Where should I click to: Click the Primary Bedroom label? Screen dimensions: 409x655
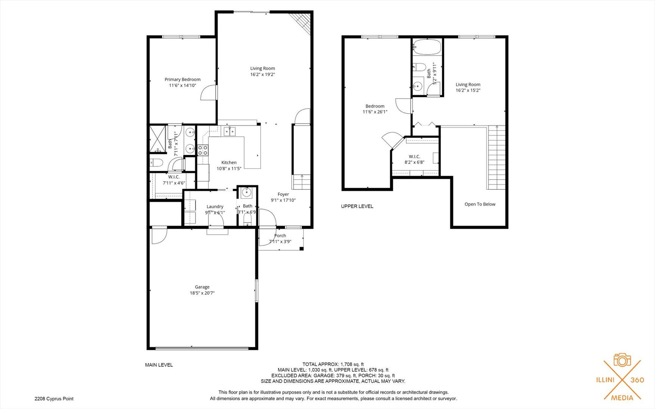point(182,80)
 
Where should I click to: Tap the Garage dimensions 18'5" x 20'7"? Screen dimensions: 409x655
point(202,293)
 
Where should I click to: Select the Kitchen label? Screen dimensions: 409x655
point(229,162)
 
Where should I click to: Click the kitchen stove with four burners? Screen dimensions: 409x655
point(203,150)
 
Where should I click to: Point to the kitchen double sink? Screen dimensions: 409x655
point(229,131)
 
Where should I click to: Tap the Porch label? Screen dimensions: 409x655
point(280,236)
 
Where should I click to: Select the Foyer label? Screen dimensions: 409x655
point(283,194)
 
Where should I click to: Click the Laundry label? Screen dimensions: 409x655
point(215,206)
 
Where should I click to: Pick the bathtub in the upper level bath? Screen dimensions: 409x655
point(427,47)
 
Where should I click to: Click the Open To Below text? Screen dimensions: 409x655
point(480,204)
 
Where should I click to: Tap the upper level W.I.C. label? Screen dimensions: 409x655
point(414,156)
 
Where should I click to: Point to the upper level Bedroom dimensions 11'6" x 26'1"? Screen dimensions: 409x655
point(375,112)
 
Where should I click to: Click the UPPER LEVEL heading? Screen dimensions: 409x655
point(357,206)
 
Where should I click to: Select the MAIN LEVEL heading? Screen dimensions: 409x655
point(159,365)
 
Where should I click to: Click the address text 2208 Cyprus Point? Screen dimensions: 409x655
point(54,398)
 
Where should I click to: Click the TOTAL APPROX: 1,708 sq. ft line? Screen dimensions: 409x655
point(333,364)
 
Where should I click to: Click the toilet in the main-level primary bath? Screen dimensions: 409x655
point(156,163)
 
